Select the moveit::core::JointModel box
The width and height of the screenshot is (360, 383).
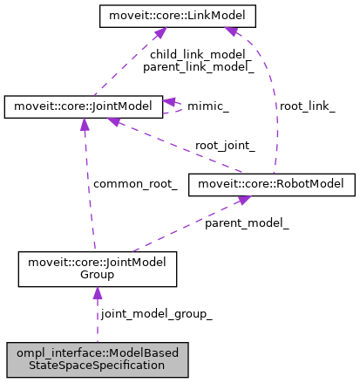(84, 107)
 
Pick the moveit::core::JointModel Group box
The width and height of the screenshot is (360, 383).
(97, 269)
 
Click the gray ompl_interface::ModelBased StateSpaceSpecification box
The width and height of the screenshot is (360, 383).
(97, 359)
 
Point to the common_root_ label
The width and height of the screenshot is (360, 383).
(135, 184)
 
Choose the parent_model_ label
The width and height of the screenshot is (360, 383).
(247, 223)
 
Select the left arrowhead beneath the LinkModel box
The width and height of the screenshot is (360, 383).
(159, 34)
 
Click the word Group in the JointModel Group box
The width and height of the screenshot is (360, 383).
(97, 275)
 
